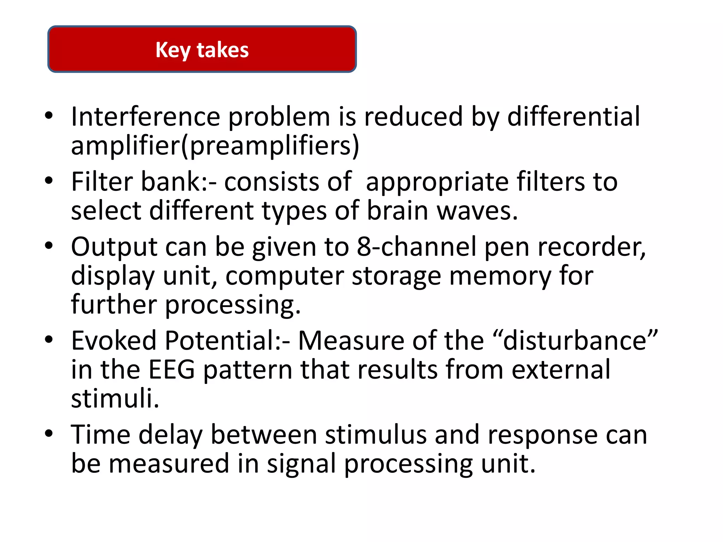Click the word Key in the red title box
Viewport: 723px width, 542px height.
click(173, 50)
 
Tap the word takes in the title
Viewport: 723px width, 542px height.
click(223, 50)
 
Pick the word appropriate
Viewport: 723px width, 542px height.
click(437, 182)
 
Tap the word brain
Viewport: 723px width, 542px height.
click(398, 211)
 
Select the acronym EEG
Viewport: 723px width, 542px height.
click(172, 369)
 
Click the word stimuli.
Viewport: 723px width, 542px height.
click(115, 398)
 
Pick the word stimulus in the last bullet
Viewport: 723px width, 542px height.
click(376, 435)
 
